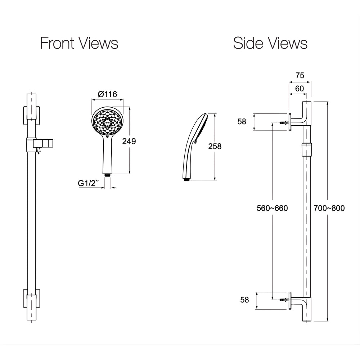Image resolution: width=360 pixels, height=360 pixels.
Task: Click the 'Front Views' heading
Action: [x=79, y=43]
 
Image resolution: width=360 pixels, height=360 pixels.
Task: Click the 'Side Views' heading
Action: [x=270, y=43]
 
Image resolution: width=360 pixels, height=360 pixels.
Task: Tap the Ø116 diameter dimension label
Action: [x=107, y=94]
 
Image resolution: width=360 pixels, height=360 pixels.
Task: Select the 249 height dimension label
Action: [x=129, y=141]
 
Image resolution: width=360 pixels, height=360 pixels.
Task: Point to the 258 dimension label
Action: [x=215, y=146]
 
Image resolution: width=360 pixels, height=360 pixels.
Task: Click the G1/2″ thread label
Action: [x=89, y=183]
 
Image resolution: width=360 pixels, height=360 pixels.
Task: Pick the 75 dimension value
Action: [x=300, y=75]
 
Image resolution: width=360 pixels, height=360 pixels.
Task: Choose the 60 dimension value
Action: [x=300, y=89]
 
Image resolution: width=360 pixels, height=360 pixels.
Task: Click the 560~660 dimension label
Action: [x=272, y=208]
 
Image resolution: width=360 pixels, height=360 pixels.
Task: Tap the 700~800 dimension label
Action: [x=329, y=208]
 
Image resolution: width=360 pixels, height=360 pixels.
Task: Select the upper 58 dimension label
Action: [x=242, y=121]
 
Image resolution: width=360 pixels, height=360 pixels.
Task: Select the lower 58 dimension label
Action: [x=244, y=300]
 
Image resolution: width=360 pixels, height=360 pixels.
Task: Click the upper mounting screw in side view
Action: [x=284, y=123]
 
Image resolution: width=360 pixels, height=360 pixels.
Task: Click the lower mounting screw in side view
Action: [x=284, y=300]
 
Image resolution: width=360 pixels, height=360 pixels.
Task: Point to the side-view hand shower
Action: [x=195, y=147]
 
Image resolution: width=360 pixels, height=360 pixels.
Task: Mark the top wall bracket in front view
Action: [x=31, y=115]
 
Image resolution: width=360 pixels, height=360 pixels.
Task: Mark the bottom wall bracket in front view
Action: [x=31, y=298]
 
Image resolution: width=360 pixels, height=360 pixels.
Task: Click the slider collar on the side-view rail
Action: [x=306, y=149]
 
